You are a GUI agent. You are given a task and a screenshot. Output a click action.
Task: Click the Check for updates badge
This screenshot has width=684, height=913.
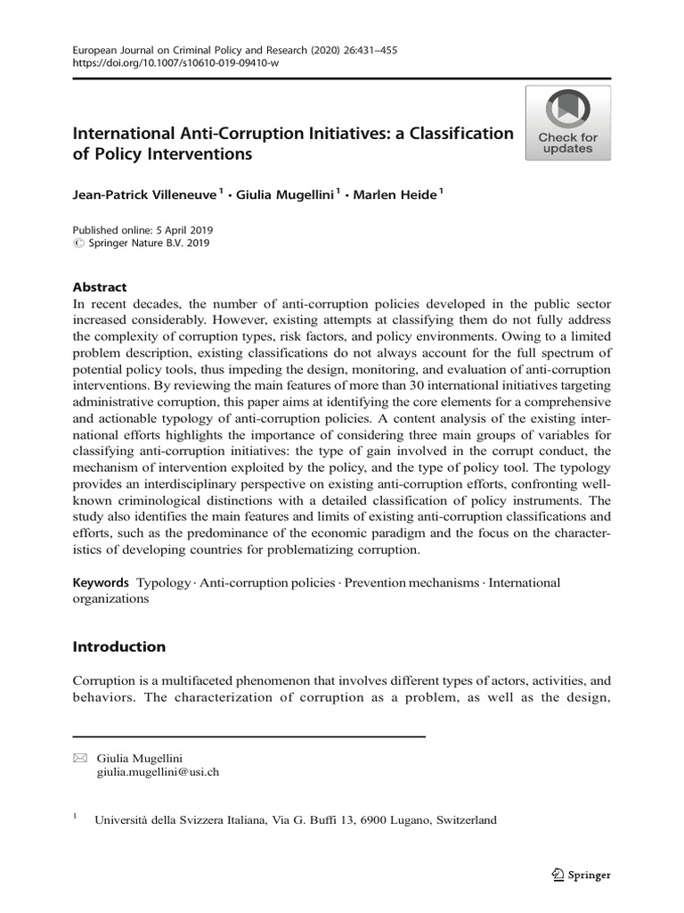pos(567,123)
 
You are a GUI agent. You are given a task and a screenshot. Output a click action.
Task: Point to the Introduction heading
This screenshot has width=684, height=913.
pos(118,646)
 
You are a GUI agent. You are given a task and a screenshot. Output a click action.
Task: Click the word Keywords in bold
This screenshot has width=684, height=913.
pos(101,582)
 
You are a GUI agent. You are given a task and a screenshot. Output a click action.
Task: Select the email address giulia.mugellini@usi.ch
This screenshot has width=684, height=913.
pos(157,772)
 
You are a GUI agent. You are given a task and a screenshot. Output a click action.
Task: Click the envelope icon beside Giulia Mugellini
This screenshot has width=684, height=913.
pos(79,758)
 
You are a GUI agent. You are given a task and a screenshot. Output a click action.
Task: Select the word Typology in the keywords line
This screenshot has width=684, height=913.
pos(164,582)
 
